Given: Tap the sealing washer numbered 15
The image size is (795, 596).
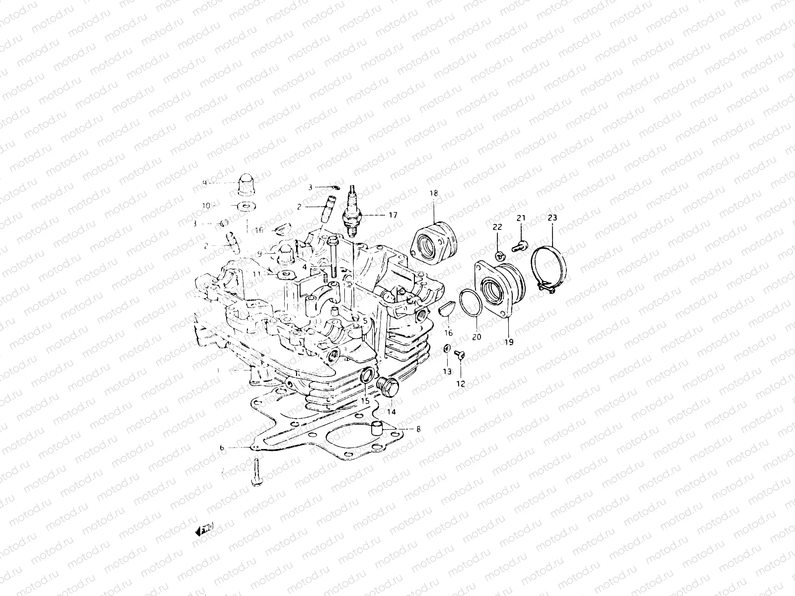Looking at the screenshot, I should [x=366, y=376].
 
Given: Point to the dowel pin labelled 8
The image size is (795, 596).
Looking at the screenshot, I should [x=378, y=428].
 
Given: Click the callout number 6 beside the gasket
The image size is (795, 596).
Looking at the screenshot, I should [x=222, y=447].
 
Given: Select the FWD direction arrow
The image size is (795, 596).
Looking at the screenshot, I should [x=204, y=531].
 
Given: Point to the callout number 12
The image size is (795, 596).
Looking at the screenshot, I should [x=461, y=384].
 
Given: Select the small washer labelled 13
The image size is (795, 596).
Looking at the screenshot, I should [x=446, y=349].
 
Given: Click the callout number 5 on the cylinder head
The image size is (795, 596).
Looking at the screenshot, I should [x=365, y=321].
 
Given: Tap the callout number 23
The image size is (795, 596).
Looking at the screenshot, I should [x=553, y=218].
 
